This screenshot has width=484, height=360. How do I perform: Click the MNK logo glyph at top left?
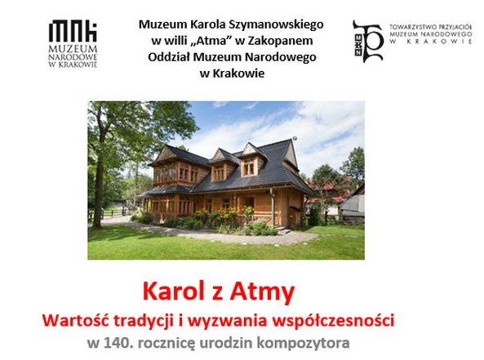pos(73,31)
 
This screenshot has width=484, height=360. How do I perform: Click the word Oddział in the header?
pos(171,57)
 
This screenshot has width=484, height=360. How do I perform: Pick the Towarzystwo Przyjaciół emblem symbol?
pos(368,42)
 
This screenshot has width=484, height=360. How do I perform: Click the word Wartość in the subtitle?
pos(76,320)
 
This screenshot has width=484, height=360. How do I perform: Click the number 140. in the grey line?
pos(119,343)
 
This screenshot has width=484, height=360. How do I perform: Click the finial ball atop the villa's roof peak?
pos(295,138)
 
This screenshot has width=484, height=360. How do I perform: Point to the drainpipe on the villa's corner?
pos(273,207)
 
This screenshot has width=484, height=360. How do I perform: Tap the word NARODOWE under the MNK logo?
pos(73,57)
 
